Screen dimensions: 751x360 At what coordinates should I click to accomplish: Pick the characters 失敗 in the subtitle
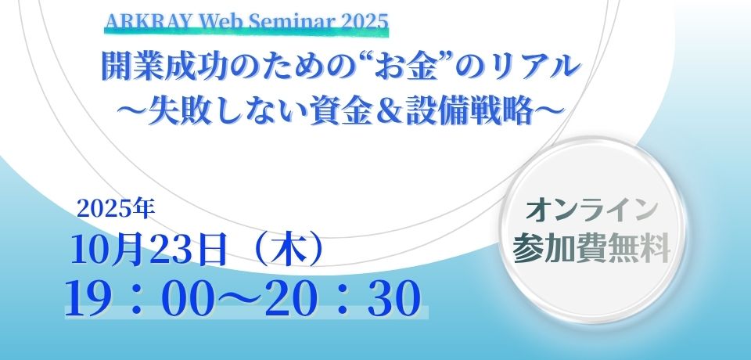[175, 111]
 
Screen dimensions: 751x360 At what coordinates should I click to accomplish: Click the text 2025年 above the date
[116, 209]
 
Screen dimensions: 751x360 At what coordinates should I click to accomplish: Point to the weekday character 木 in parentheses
[288, 250]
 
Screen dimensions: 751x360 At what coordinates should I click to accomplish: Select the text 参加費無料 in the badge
[591, 250]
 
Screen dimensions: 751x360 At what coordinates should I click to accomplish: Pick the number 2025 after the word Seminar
[365, 22]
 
